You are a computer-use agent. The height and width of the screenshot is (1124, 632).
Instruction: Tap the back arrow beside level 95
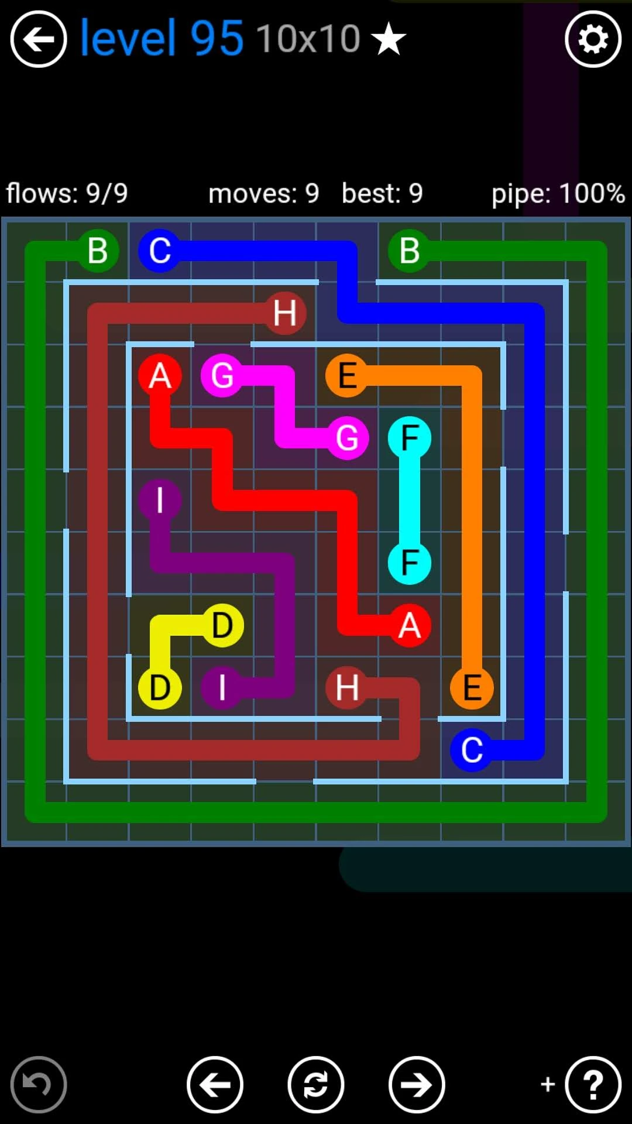tap(39, 39)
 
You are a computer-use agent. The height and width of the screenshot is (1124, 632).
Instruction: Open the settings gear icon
tap(593, 39)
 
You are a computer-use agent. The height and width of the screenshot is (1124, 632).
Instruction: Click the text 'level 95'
tap(161, 38)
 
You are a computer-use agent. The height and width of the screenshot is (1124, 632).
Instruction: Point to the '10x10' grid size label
tap(308, 39)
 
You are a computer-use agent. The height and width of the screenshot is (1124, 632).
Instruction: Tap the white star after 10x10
tap(389, 40)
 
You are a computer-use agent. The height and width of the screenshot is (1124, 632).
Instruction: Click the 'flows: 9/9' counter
tap(67, 193)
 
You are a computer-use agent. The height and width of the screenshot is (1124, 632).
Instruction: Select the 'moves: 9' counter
tap(263, 193)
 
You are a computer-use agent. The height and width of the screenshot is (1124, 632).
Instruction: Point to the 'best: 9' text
tap(382, 193)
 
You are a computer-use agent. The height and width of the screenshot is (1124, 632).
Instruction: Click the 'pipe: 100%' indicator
tap(558, 193)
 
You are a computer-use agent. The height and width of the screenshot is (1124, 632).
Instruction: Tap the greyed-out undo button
tap(39, 1085)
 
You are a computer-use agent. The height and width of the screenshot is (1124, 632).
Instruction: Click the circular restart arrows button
tap(316, 1085)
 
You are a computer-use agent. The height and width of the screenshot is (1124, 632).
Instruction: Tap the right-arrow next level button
tap(417, 1085)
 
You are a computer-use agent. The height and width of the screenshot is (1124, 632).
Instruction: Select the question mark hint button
tap(593, 1085)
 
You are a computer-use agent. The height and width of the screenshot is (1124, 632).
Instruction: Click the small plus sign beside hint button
tap(548, 1084)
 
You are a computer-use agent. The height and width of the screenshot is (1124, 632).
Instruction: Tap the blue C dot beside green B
tap(160, 251)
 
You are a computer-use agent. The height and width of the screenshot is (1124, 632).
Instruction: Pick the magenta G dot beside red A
tap(222, 375)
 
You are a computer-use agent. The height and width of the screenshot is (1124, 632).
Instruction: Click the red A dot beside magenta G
tap(160, 375)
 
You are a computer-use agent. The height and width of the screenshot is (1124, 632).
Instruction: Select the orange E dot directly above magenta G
tap(347, 375)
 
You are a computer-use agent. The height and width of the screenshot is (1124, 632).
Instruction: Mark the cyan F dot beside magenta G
tap(410, 438)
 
